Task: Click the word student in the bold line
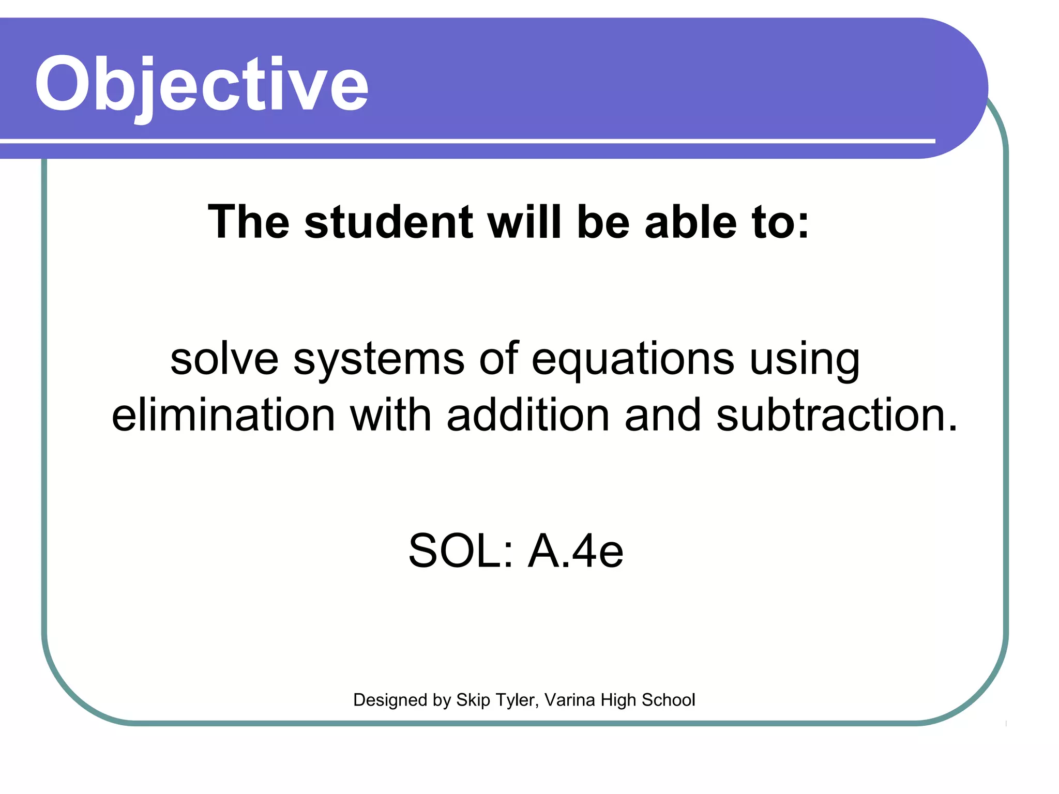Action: [x=388, y=222]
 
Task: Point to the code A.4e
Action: [x=576, y=551]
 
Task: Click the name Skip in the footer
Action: [x=473, y=700]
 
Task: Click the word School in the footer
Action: [x=668, y=700]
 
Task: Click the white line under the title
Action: [x=465, y=141]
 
